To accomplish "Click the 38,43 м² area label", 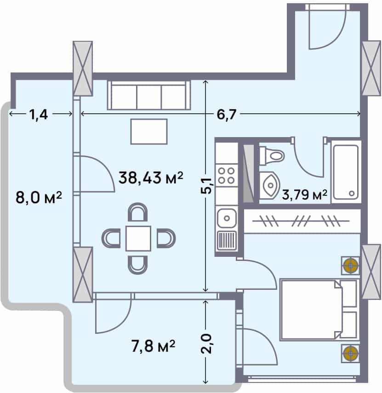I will [151, 177].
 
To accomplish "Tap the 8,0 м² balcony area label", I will [39, 199].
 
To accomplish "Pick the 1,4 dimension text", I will [39, 114].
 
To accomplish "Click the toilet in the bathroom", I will [272, 156].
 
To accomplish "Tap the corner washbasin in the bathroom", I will [268, 185].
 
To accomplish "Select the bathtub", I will [346, 172].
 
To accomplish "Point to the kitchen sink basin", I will [226, 216].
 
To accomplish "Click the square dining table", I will [138, 238].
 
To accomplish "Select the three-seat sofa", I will [149, 95].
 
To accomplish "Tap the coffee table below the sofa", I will [149, 131].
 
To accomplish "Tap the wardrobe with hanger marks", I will [302, 221].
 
